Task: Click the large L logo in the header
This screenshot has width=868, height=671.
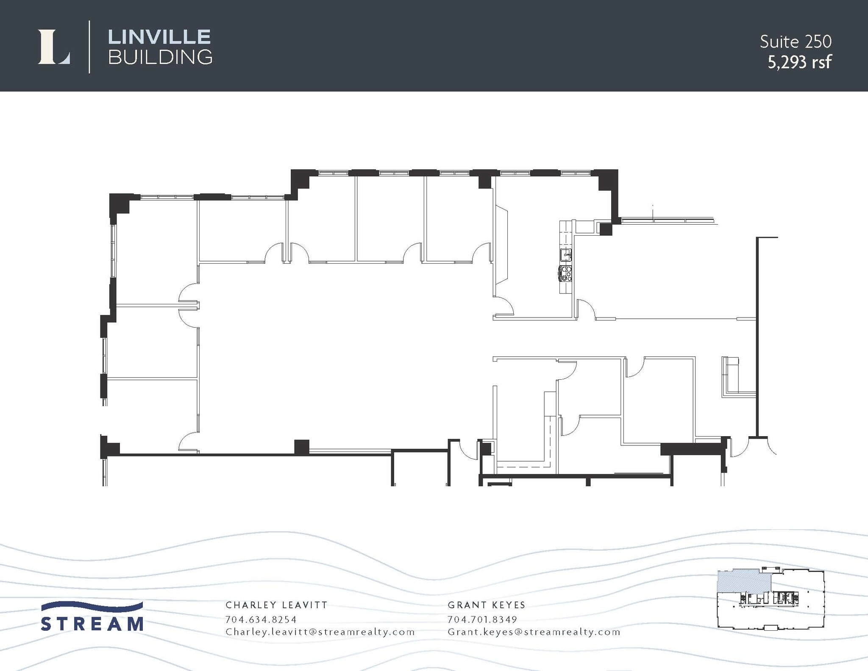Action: (54, 47)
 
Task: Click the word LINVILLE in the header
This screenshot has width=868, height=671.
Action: (159, 37)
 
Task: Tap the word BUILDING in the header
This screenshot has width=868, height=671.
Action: (160, 57)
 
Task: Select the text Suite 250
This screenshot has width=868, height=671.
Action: (796, 42)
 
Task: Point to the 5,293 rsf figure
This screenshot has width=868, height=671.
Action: (799, 62)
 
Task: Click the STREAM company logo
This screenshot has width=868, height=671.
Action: (92, 617)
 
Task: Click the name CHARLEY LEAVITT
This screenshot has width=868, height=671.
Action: (276, 605)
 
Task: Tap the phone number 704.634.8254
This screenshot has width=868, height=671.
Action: (261, 619)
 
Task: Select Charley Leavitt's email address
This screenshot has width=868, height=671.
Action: (320, 632)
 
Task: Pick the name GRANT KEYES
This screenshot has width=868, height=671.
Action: (487, 605)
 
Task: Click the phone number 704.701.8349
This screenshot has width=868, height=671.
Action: (482, 619)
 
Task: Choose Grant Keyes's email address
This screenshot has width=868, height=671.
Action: (534, 632)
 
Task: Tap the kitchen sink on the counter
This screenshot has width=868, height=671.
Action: (565, 255)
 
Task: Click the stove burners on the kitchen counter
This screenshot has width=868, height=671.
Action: (565, 273)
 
